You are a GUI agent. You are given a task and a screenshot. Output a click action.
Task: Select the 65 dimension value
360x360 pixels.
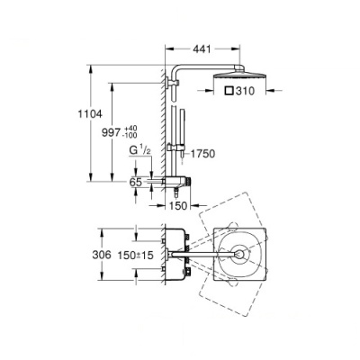135,182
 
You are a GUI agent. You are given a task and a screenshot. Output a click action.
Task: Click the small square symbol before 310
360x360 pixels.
229,92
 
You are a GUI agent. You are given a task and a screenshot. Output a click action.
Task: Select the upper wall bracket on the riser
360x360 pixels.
171,85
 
